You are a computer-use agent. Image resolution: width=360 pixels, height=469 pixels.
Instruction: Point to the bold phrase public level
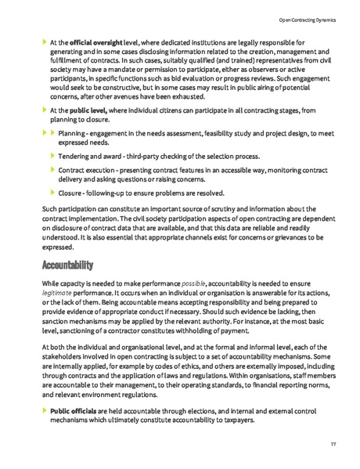84,112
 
